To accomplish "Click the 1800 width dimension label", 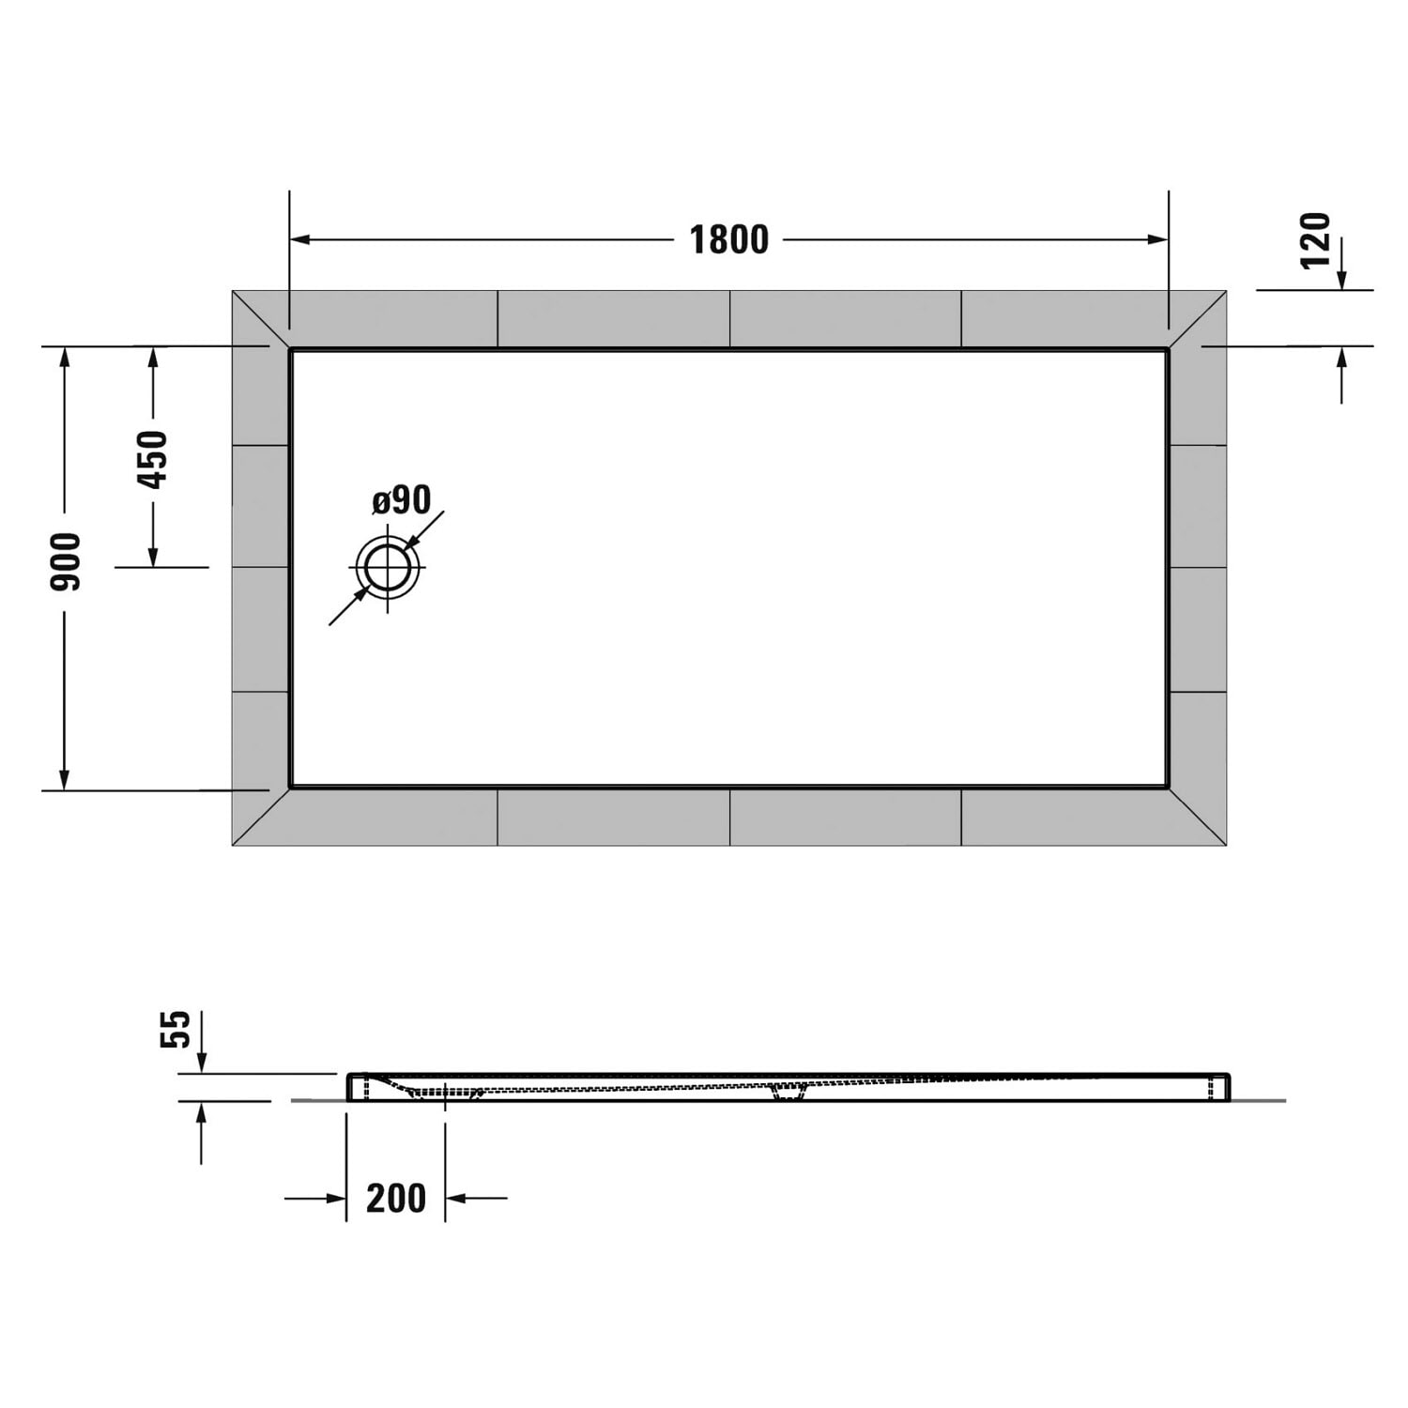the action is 729,240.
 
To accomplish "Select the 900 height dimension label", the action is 66,562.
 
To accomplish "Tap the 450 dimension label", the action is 152,460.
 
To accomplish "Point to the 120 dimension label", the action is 1316,240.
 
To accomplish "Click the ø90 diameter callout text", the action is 402,500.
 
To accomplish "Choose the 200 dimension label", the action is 396,1199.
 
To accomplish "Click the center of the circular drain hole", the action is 387,568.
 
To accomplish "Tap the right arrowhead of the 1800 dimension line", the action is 1157,240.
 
